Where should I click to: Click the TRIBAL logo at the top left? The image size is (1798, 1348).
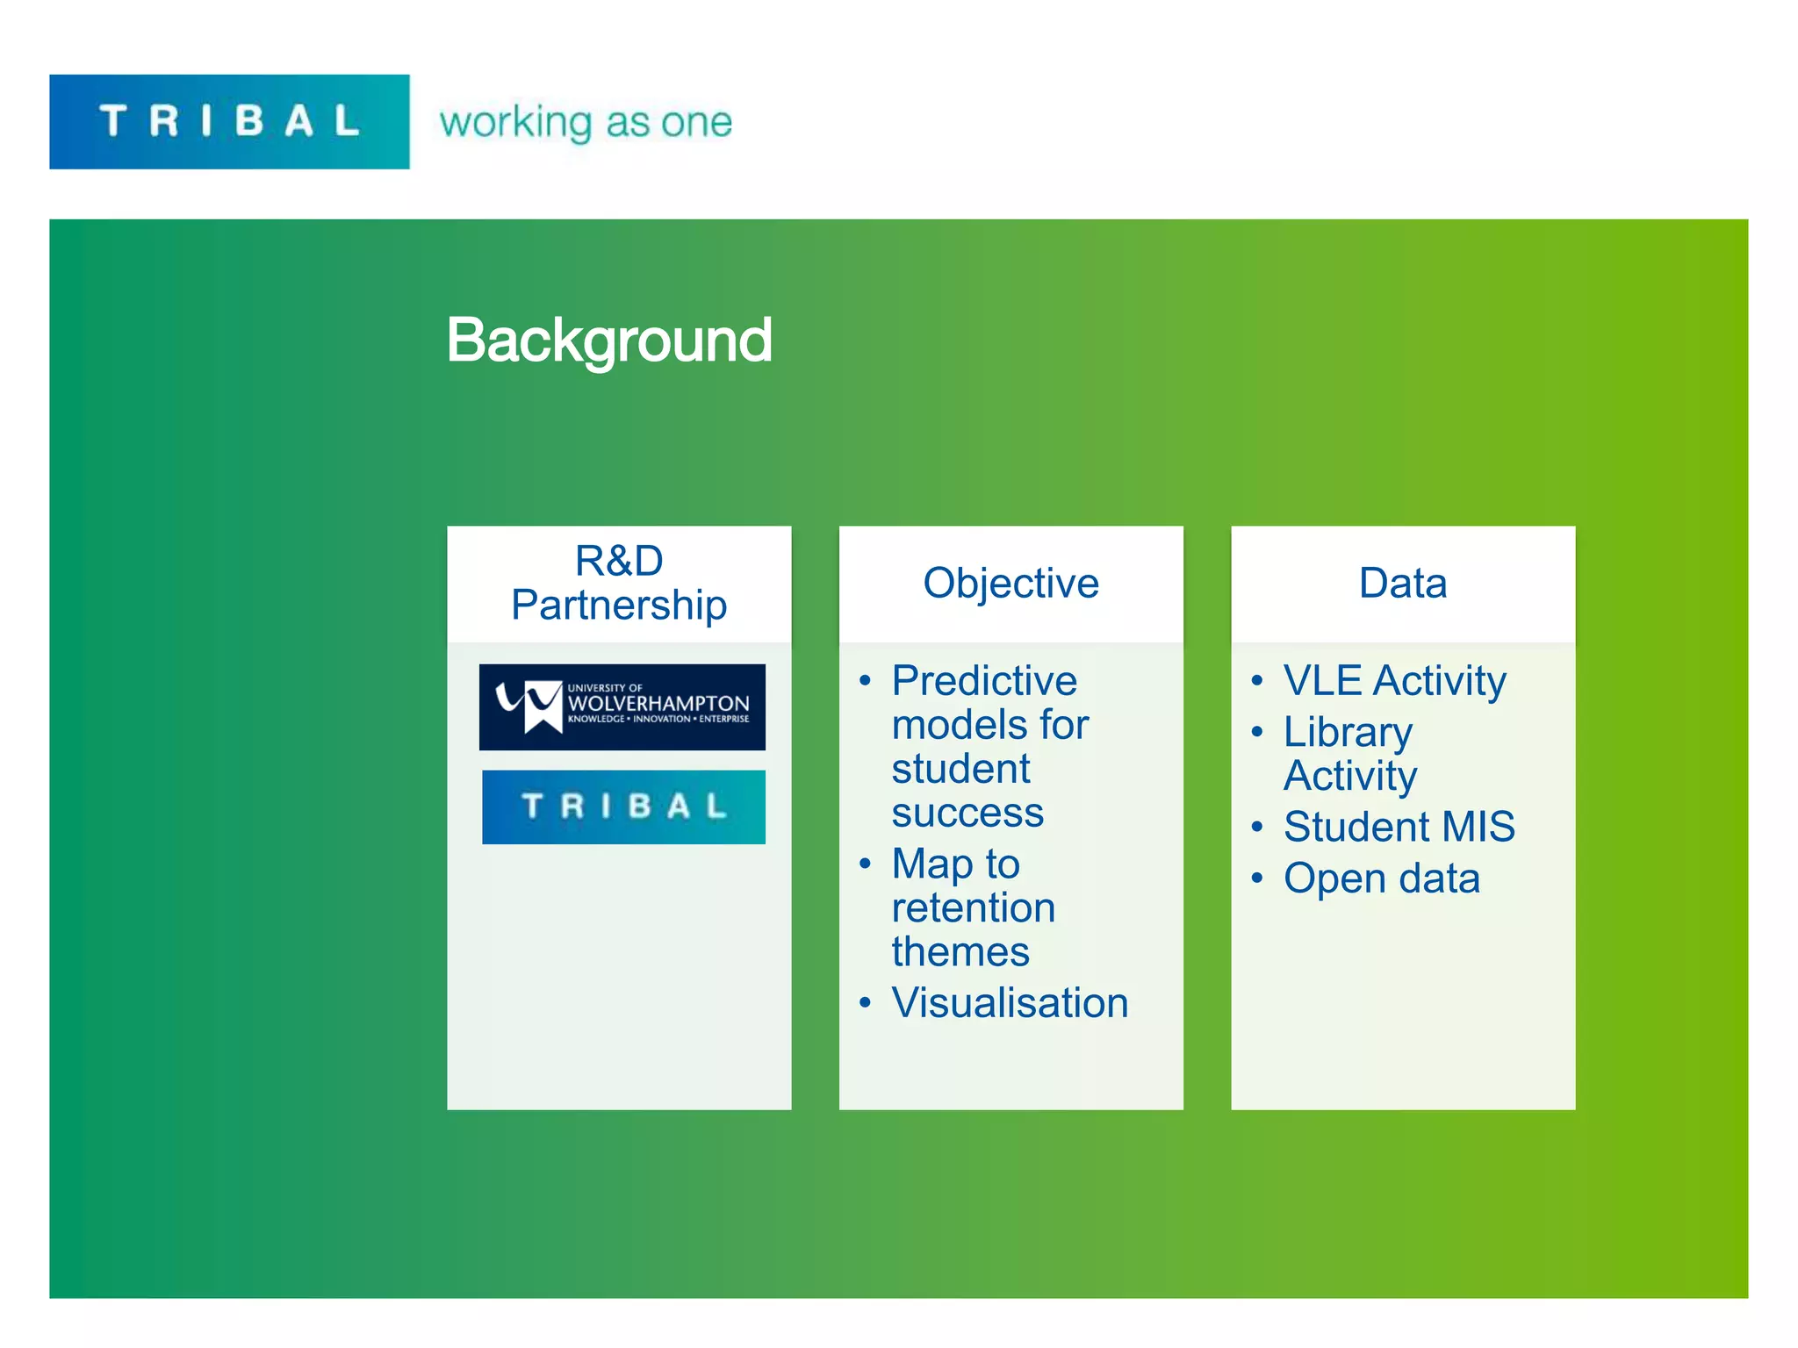tap(229, 121)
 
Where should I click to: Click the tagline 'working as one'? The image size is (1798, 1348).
tap(586, 122)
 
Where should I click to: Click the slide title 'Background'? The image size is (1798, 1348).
tap(608, 341)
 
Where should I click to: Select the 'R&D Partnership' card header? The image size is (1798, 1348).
tap(619, 583)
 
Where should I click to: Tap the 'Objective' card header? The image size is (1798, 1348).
tap(1010, 583)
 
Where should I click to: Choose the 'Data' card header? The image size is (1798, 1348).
tap(1402, 583)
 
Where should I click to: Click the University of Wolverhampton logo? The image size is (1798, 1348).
tap(622, 706)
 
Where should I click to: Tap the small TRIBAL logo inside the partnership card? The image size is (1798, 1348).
tap(623, 807)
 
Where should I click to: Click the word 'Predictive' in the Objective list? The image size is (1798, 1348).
tap(984, 681)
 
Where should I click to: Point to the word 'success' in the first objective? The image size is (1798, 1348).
tap(967, 813)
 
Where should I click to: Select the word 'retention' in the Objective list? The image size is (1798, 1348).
tap(974, 907)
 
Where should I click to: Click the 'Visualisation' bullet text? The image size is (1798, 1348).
tap(1010, 1002)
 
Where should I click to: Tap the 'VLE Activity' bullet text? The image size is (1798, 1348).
tap(1394, 681)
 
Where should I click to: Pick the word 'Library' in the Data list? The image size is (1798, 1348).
tap(1348, 732)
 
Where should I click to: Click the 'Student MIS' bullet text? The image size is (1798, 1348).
tap(1399, 827)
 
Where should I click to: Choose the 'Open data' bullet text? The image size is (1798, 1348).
tap(1381, 878)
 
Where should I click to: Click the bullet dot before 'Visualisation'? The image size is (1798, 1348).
tap(866, 1002)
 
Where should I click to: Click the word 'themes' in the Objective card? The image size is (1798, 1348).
tap(960, 952)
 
